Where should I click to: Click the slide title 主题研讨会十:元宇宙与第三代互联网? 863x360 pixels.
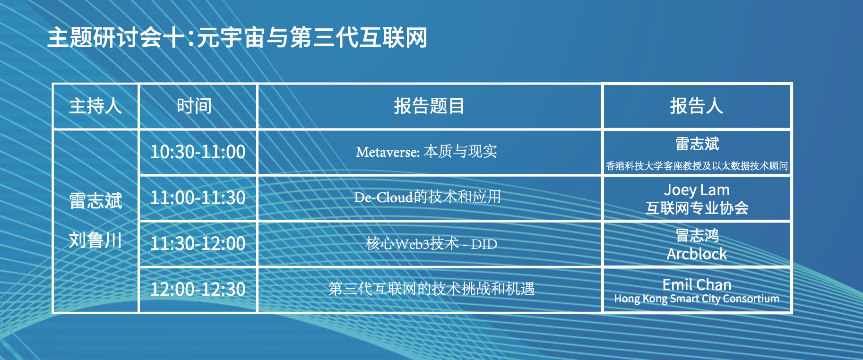237,37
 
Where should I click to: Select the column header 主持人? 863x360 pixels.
95,106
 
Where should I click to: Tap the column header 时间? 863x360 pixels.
194,106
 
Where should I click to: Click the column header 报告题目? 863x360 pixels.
429,106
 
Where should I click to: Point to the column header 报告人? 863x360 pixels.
697,106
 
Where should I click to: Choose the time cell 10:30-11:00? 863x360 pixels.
198,152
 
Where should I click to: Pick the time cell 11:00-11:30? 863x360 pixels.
198,197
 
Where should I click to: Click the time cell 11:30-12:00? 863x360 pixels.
198,243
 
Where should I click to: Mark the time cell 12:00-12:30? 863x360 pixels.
198,289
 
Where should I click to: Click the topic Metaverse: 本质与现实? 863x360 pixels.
426,152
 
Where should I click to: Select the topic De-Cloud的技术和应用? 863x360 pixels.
427,197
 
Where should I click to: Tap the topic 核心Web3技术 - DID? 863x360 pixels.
431,244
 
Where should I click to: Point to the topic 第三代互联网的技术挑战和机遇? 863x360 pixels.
431,289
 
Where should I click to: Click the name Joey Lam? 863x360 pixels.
697,190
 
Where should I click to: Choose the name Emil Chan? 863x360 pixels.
697,284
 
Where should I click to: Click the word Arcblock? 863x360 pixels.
697,254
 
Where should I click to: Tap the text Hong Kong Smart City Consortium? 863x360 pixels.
697,299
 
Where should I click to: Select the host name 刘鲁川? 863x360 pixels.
95,240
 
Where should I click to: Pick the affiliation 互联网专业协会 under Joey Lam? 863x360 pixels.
697,208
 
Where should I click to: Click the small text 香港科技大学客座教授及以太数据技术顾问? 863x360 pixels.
697,166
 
